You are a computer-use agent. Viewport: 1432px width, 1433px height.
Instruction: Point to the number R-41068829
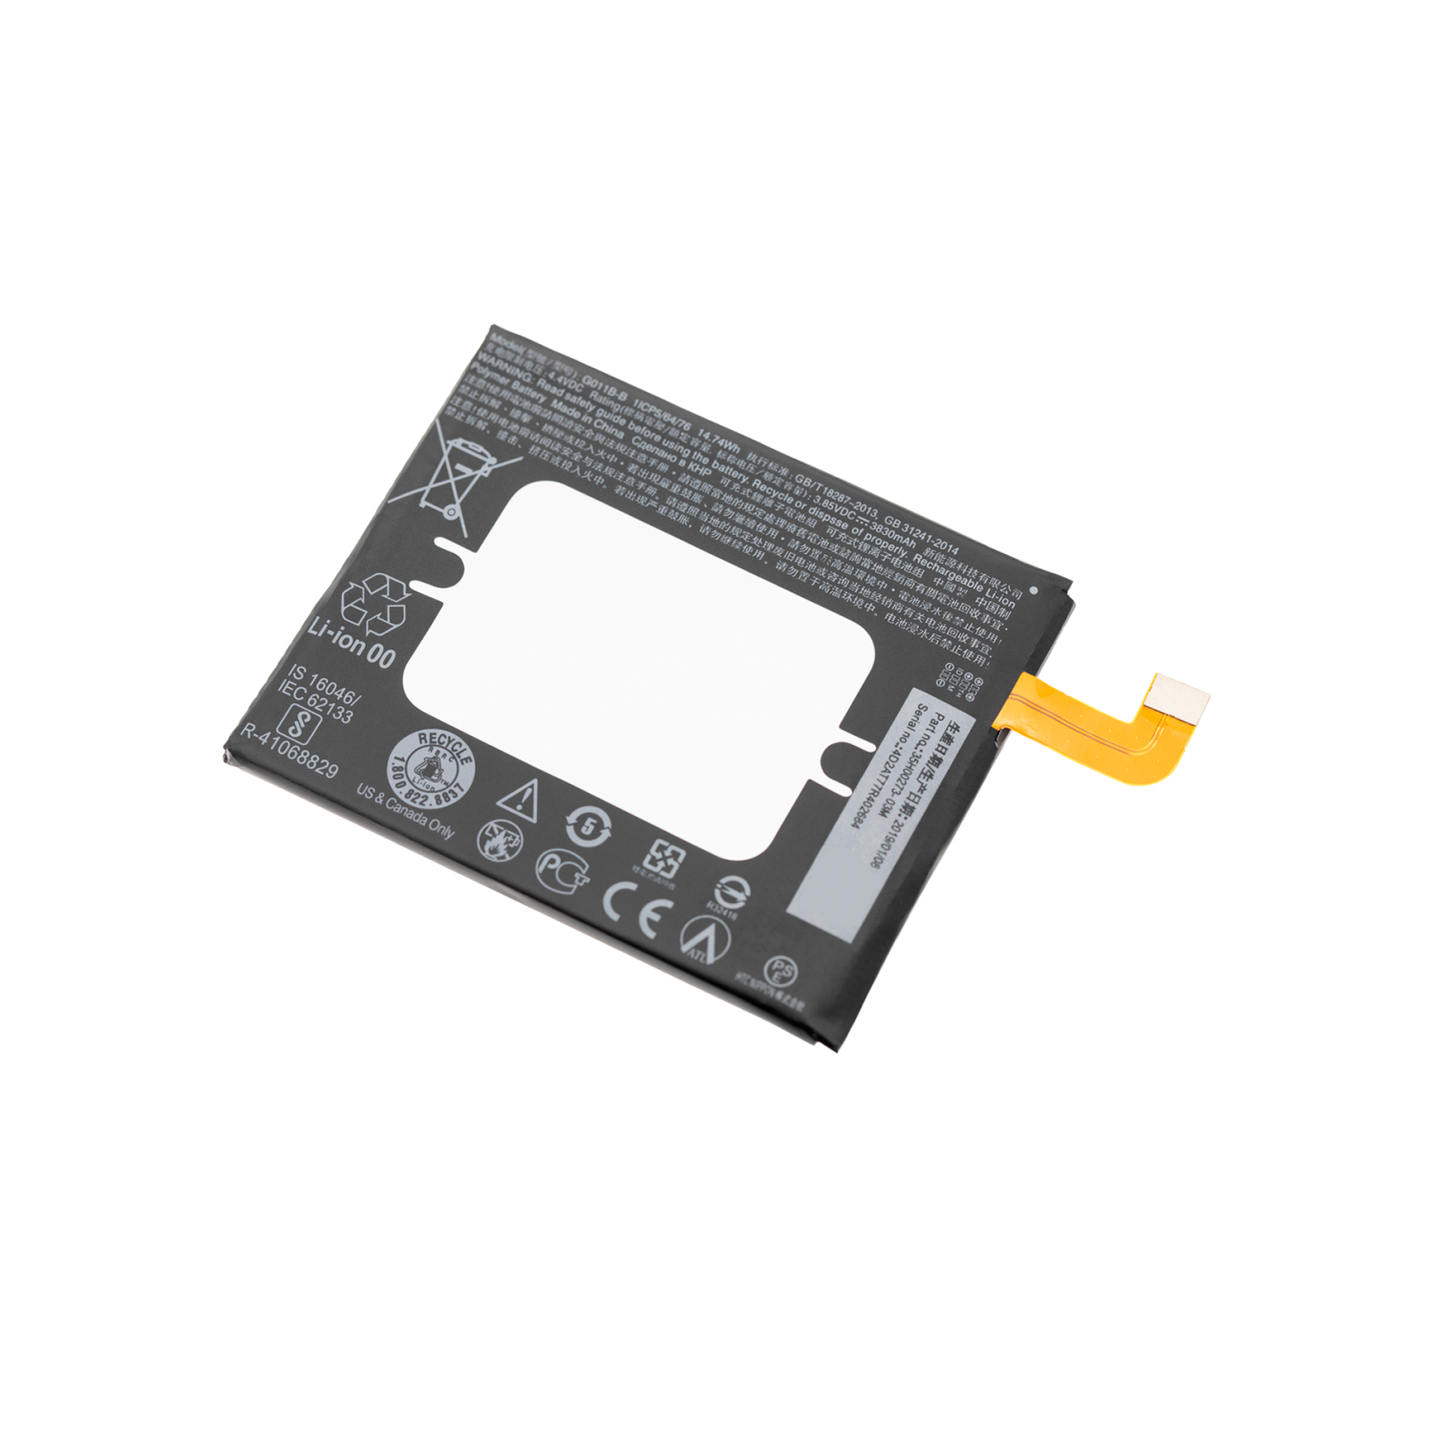pyautogui.click(x=289, y=750)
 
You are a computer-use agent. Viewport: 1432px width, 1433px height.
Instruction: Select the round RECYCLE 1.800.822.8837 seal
pyautogui.click(x=433, y=765)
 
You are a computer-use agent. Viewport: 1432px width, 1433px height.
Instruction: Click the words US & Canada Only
pyautogui.click(x=405, y=811)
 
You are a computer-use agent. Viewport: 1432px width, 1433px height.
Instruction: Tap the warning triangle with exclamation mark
pyautogui.click(x=519, y=799)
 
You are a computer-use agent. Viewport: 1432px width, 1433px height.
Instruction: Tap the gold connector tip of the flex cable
pyautogui.click(x=1179, y=695)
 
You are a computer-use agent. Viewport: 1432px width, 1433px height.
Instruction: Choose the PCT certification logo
pyautogui.click(x=563, y=868)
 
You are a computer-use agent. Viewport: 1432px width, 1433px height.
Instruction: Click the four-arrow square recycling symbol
pyautogui.click(x=662, y=859)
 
